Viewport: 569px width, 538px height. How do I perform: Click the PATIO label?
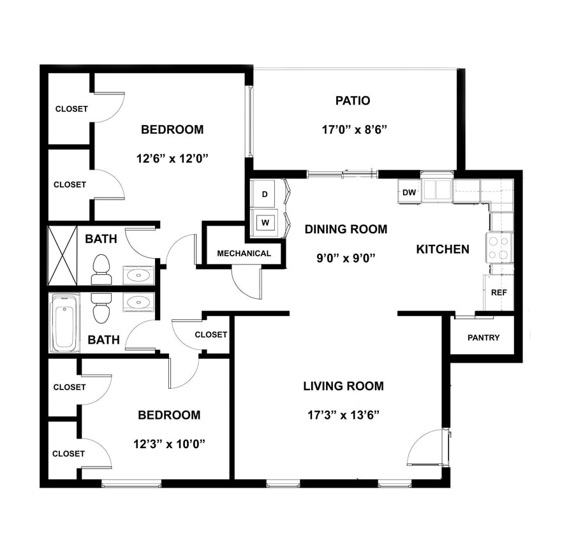click(352, 101)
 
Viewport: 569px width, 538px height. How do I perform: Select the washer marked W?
click(264, 223)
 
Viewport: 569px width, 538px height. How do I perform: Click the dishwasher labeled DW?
click(410, 192)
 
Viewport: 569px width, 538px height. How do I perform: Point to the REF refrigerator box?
click(498, 293)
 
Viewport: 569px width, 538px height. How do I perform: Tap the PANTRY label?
click(484, 338)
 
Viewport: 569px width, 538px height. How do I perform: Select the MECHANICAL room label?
click(244, 253)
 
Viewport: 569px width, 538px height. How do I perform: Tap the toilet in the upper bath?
click(101, 269)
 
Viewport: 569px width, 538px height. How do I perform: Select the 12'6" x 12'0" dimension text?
click(172, 157)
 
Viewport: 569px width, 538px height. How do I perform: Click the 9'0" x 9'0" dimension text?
click(345, 258)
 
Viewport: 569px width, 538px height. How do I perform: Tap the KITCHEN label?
click(443, 249)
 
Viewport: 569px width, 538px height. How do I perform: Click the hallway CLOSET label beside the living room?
click(211, 335)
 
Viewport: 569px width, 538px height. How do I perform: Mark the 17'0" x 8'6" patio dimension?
click(355, 129)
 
